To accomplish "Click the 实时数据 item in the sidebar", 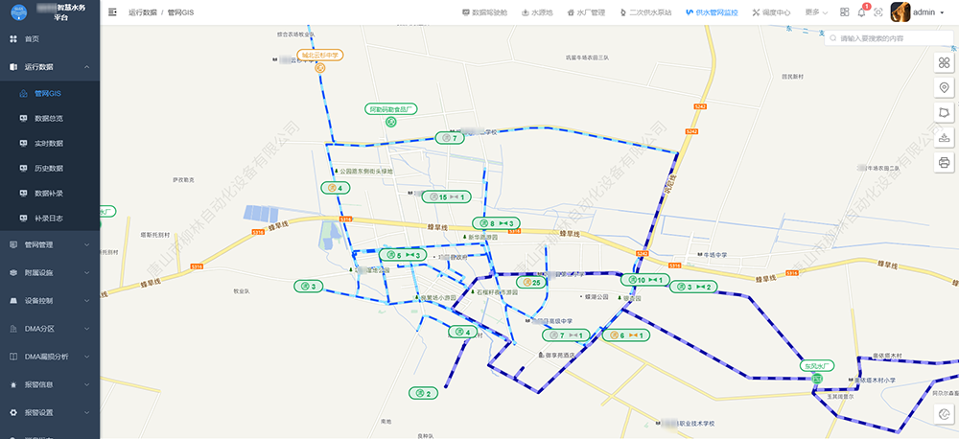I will [48, 143].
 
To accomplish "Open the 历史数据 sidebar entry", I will [48, 168].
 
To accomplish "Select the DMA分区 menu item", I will [39, 328].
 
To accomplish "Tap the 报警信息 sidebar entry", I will [38, 384].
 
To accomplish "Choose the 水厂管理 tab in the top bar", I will [585, 12].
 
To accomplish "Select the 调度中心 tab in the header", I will [771, 12].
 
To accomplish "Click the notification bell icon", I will [861, 12].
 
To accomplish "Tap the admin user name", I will [924, 12].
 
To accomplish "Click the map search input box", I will [892, 38].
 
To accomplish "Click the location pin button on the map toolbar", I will [944, 87].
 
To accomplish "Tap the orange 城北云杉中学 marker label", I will [320, 56].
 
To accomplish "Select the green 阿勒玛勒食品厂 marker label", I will [391, 109].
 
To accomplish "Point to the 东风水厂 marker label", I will [818, 365].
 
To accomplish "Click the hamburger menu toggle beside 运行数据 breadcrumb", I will [113, 12].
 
